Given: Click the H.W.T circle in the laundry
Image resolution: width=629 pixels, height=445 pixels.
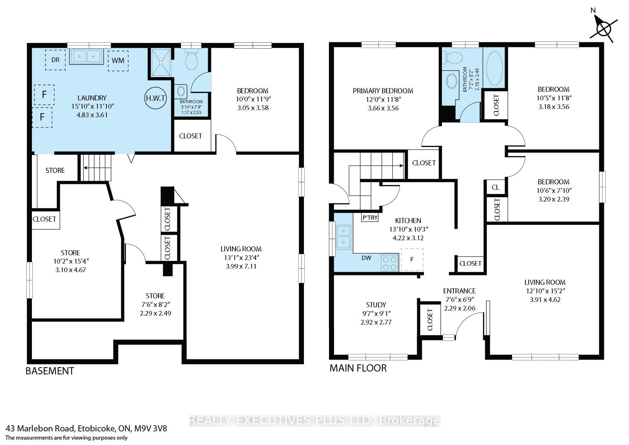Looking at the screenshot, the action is (x=156, y=98).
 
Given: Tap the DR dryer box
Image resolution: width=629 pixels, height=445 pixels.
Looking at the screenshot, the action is (x=55, y=60).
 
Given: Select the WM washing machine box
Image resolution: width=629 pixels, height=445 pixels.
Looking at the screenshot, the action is (x=118, y=61).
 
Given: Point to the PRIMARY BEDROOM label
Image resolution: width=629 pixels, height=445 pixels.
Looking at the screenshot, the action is (x=383, y=91).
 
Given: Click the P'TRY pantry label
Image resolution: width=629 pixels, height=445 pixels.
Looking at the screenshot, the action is (x=370, y=218).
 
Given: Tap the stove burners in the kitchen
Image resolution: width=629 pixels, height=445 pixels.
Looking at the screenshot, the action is (x=390, y=262).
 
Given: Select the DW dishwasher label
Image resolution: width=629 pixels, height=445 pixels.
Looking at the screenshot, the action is (x=366, y=258).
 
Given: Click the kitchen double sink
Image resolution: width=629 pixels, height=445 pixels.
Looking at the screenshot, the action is (x=343, y=237).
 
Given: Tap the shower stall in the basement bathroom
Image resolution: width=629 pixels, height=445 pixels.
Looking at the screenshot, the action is (x=161, y=62).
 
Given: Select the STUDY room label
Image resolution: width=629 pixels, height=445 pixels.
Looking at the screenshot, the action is (x=376, y=305).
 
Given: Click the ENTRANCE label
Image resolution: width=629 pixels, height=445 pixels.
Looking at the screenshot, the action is (x=459, y=291).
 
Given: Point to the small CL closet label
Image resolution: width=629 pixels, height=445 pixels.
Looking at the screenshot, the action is (x=496, y=187).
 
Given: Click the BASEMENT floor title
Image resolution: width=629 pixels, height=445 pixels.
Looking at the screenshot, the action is (x=50, y=371).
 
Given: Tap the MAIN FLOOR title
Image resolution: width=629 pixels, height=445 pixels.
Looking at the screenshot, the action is (x=358, y=368).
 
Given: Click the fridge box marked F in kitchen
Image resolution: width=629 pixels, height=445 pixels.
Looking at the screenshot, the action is (x=412, y=259).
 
